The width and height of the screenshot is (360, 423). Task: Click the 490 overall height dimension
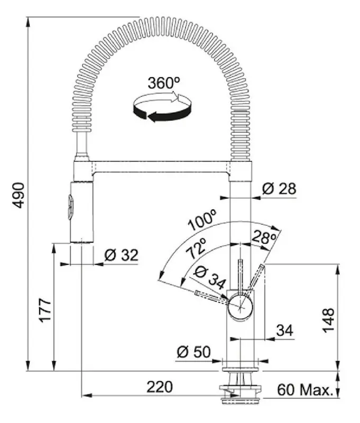[x=18, y=195]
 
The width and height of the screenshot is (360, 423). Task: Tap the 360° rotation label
[x=164, y=83]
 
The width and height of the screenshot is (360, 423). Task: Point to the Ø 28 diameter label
[x=279, y=189]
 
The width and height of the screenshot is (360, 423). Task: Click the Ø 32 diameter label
[x=121, y=255]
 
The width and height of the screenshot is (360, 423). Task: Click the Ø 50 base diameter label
[x=193, y=352]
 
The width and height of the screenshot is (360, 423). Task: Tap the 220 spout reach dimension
[x=160, y=387]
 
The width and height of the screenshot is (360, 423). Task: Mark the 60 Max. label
[x=306, y=390]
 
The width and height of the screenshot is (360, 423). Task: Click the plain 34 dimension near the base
[x=284, y=330]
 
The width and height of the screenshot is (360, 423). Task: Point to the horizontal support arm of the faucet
[x=162, y=169]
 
